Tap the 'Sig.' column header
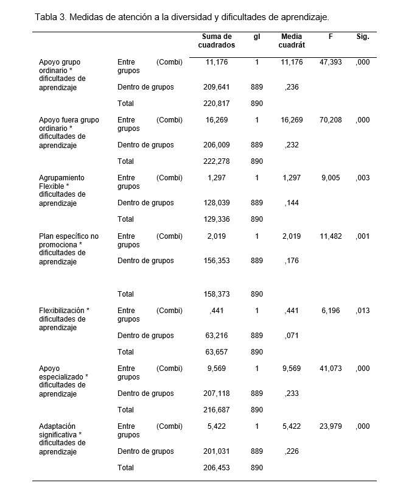[x=363, y=37]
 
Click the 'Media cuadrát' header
[x=292, y=41]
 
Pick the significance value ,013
[x=363, y=311]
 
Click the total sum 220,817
[x=216, y=104]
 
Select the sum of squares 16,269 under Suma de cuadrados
[x=217, y=120]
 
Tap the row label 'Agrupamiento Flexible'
[x=61, y=182]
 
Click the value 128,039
[x=216, y=203]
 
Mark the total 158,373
[x=216, y=294]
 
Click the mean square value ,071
[x=292, y=335]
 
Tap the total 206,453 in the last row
[x=216, y=468]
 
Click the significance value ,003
[x=363, y=178]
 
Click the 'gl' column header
[x=257, y=37]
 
